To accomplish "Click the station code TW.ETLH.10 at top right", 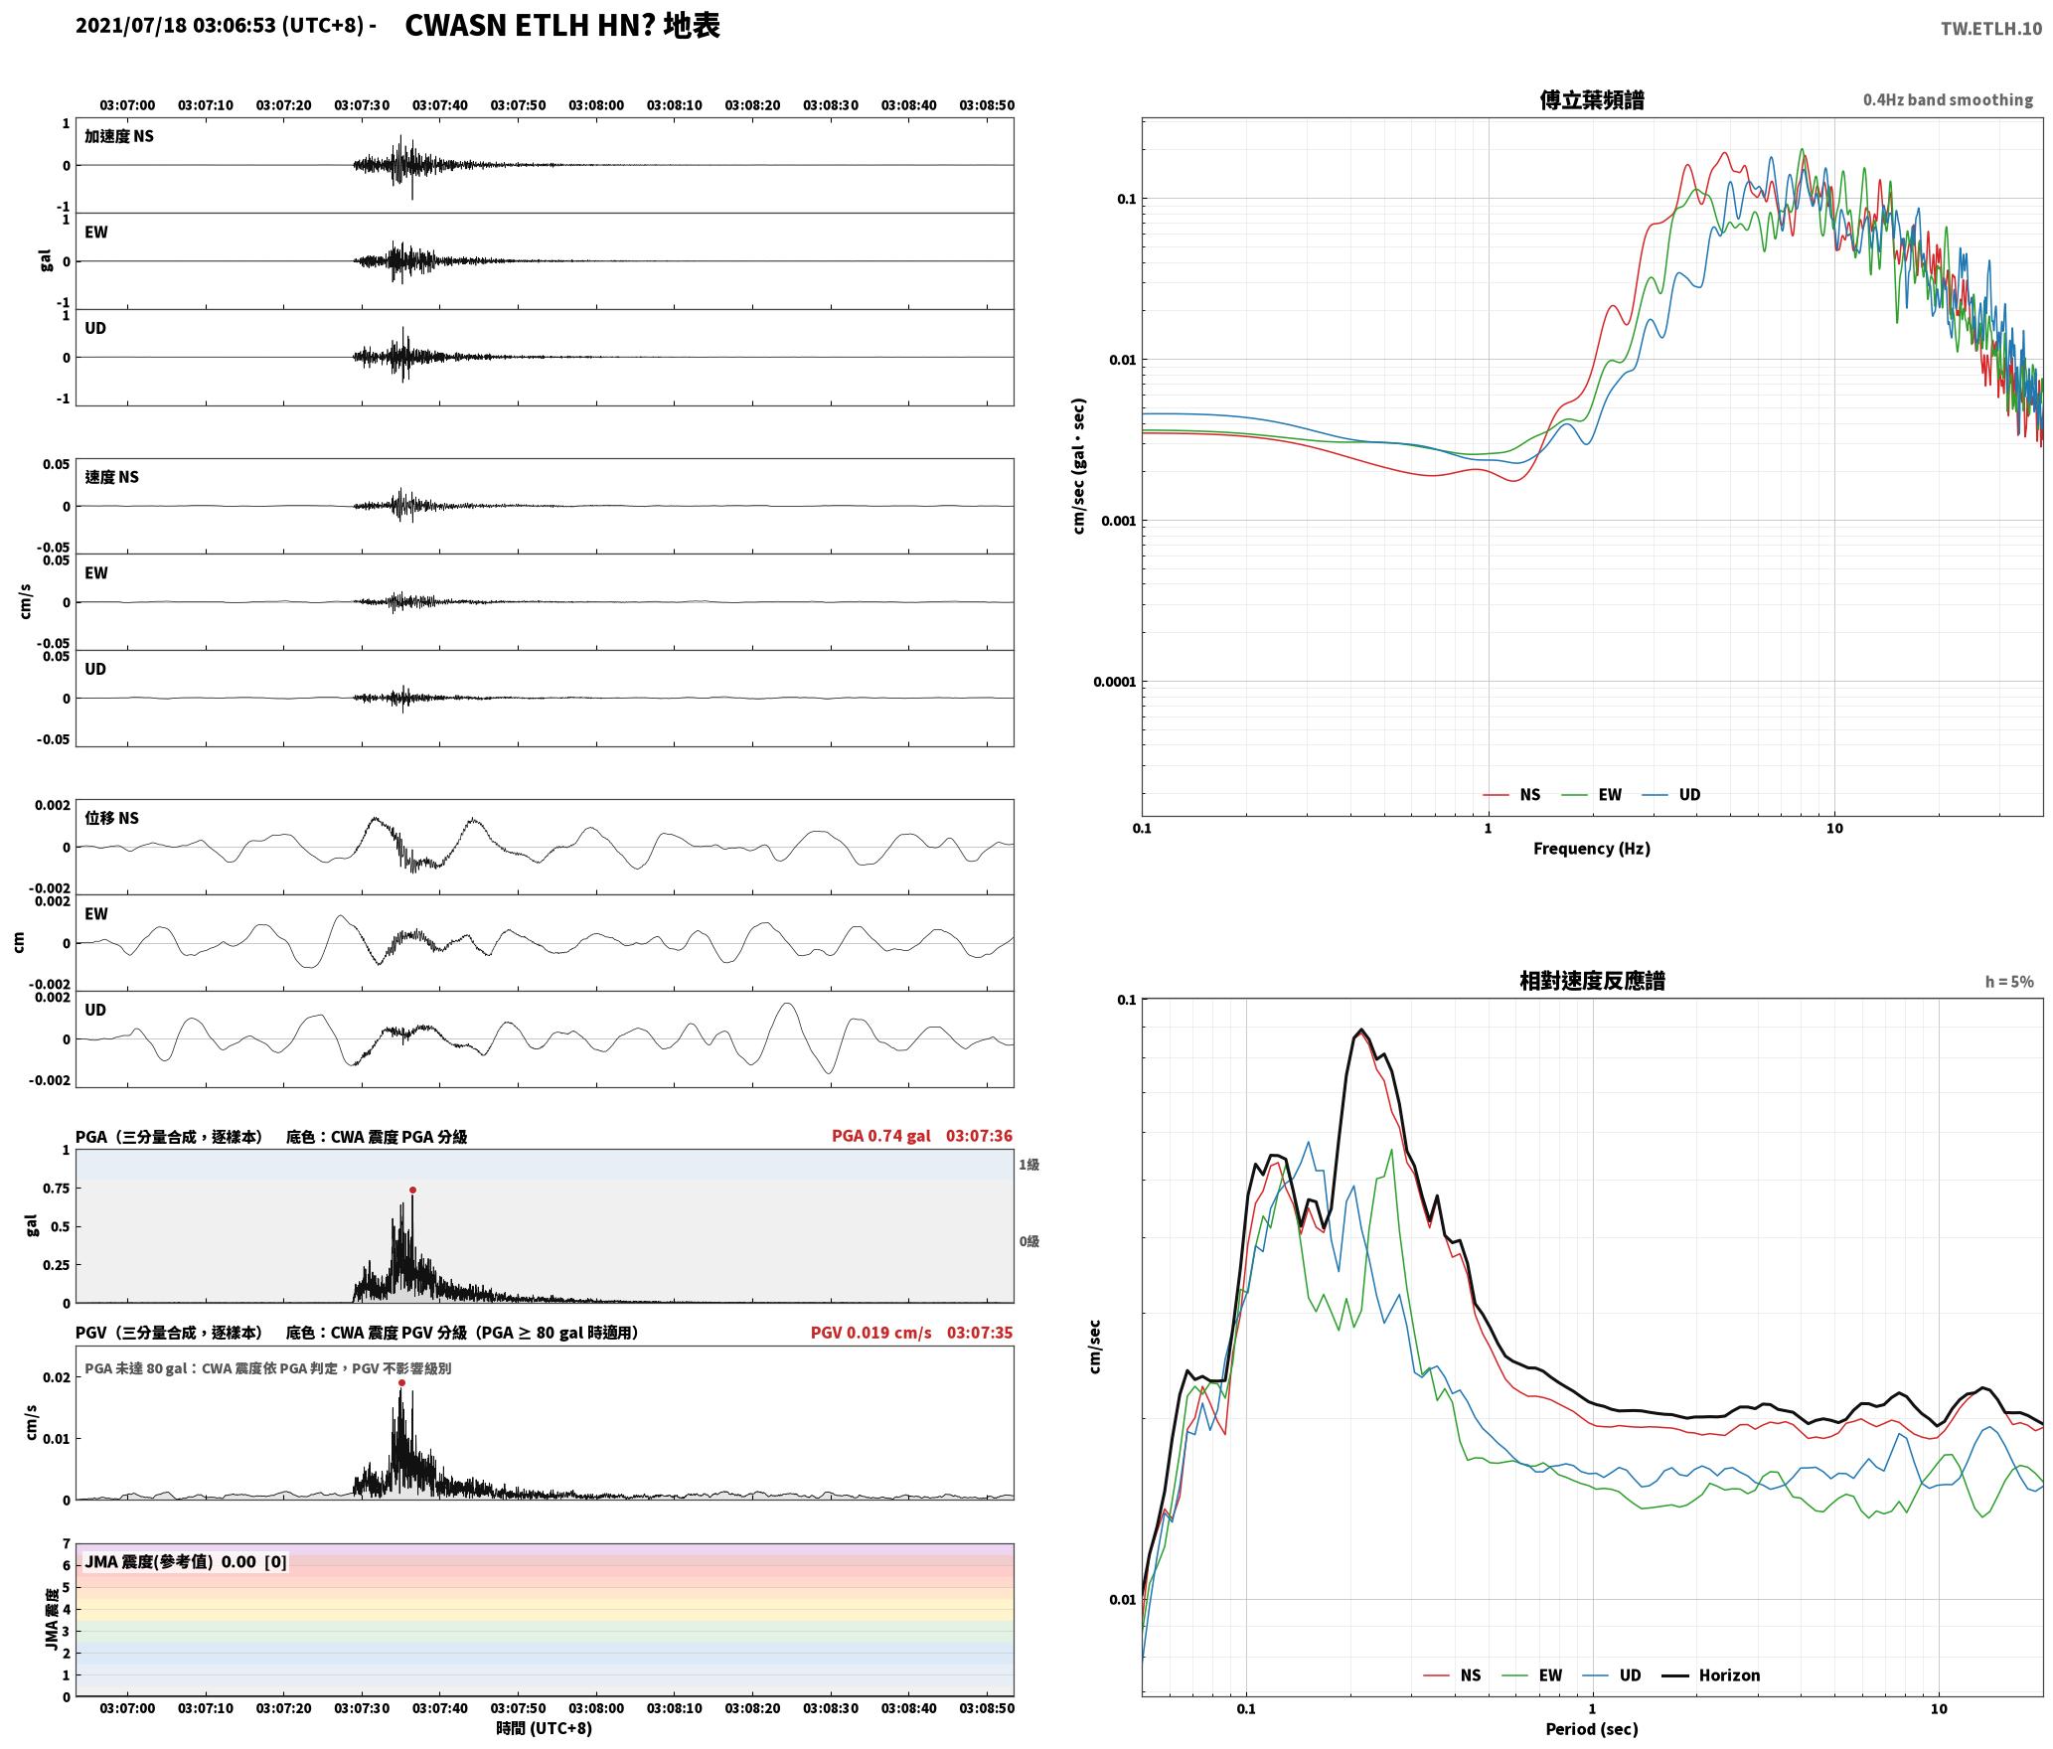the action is click(x=1990, y=28).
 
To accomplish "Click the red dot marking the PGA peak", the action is click(x=412, y=1190).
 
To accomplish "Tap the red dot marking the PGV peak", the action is click(x=401, y=1382).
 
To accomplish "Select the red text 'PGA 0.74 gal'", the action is click(x=881, y=1136).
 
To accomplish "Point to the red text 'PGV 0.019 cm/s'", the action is click(x=871, y=1333).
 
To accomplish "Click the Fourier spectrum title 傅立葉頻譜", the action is click(x=1591, y=99).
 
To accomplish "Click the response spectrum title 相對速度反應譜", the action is click(x=1592, y=981).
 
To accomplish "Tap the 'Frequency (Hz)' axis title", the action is click(x=1591, y=848).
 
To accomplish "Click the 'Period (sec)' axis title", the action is click(x=1591, y=1728).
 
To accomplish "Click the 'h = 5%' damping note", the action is click(x=2009, y=982).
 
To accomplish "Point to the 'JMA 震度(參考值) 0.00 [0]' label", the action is click(x=186, y=1561).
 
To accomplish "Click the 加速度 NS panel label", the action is click(x=119, y=136).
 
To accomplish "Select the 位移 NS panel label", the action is click(x=111, y=818).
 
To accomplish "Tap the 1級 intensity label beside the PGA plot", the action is click(x=1028, y=1164).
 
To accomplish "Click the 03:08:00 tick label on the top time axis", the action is click(x=596, y=105).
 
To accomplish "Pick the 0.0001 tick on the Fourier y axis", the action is click(x=1114, y=682).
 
